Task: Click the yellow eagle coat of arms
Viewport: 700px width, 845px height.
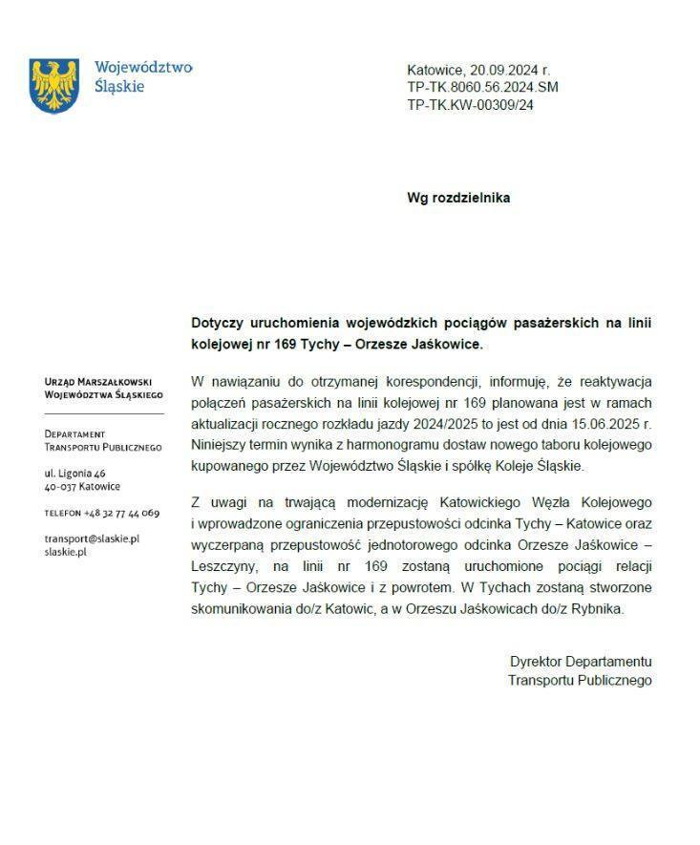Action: [x=53, y=85]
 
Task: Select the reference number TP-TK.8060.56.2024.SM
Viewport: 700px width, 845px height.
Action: [x=482, y=88]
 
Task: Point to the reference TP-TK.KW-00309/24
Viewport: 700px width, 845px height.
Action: [x=470, y=105]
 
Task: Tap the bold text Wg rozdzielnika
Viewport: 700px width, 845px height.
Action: [x=458, y=198]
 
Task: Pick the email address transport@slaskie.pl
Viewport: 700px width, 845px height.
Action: [x=92, y=539]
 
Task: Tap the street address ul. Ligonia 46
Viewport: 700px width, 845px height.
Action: [x=75, y=473]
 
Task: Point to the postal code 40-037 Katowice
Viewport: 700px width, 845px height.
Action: [x=82, y=486]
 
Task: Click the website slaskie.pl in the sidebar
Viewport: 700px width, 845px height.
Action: [x=66, y=552]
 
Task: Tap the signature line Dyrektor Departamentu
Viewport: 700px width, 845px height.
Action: [x=580, y=662]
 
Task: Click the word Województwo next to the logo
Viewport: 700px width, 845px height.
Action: [x=143, y=68]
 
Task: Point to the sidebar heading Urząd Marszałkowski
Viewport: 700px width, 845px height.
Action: [x=102, y=381]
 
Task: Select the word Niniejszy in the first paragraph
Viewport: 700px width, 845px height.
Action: [x=221, y=445]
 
